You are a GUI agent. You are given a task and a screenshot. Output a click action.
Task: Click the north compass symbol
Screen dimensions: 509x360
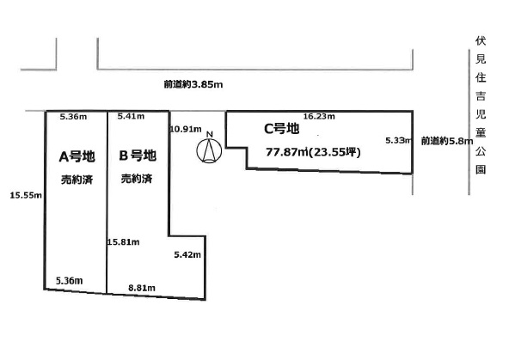pos(209,150)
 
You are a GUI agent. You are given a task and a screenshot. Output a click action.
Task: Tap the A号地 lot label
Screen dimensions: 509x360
pos(77,157)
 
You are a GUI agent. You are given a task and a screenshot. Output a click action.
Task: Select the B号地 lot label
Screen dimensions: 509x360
pos(138,156)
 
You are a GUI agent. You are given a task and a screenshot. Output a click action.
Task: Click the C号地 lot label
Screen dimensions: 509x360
pos(281,129)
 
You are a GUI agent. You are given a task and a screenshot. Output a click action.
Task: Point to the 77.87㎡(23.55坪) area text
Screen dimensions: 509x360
pos(313,152)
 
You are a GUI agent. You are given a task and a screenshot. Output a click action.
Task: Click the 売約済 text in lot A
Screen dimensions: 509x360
pos(77,180)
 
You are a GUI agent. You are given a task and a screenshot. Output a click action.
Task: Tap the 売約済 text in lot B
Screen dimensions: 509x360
pos(137,179)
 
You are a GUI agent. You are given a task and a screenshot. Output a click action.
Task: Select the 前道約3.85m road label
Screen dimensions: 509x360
pos(193,85)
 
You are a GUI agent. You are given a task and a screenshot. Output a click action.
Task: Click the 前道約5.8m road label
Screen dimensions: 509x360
pos(447,141)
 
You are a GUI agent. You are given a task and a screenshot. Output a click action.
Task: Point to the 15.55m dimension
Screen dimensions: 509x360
pos(26,195)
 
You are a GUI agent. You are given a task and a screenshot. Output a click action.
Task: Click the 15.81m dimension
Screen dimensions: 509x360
pos(123,242)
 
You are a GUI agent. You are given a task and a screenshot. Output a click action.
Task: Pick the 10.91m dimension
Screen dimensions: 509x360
pos(186,129)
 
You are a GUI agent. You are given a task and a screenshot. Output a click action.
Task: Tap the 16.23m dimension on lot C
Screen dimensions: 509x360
pos(319,116)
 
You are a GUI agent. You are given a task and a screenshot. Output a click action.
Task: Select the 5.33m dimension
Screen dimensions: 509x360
pos(399,140)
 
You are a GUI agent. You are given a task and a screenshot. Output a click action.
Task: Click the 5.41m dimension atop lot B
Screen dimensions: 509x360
pos(132,116)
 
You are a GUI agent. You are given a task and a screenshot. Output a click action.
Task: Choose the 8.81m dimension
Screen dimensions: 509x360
pos(142,288)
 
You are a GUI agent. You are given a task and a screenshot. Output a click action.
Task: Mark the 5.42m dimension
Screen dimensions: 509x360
pos(187,254)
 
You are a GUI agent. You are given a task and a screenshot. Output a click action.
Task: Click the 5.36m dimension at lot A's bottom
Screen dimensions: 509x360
pos(69,281)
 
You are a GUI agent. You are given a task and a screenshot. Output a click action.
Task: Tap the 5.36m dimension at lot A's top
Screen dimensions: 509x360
pos(73,117)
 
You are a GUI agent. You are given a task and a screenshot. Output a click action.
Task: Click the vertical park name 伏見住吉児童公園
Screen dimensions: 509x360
pos(481,105)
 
